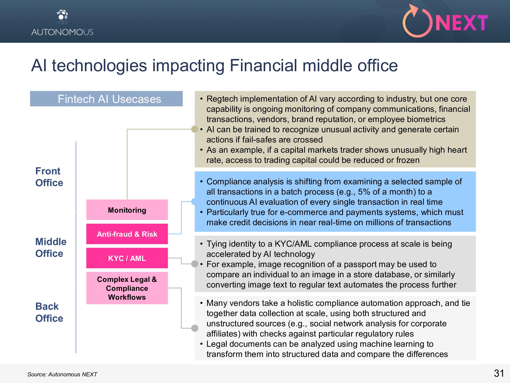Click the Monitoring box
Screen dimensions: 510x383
(x=127, y=210)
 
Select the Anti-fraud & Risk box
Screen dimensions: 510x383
(x=127, y=234)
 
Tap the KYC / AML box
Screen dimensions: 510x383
(x=127, y=258)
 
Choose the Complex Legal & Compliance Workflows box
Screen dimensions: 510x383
(x=127, y=288)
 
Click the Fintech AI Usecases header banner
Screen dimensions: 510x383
(x=106, y=99)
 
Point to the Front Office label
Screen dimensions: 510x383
(x=49, y=177)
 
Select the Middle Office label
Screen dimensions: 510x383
(x=51, y=247)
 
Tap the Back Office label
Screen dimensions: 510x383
(x=49, y=312)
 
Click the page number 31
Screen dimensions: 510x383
(x=499, y=373)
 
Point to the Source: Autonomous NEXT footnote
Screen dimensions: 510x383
(x=62, y=374)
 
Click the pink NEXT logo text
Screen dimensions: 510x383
(x=462, y=23)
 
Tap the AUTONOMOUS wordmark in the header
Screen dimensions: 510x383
(x=62, y=32)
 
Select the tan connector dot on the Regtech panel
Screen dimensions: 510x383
(x=195, y=129)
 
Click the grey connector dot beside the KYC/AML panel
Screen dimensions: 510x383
(x=195, y=264)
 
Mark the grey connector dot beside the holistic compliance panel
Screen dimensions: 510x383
(x=195, y=328)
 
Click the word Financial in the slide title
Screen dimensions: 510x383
(x=263, y=65)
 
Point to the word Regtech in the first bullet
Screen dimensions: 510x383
(x=222, y=99)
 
